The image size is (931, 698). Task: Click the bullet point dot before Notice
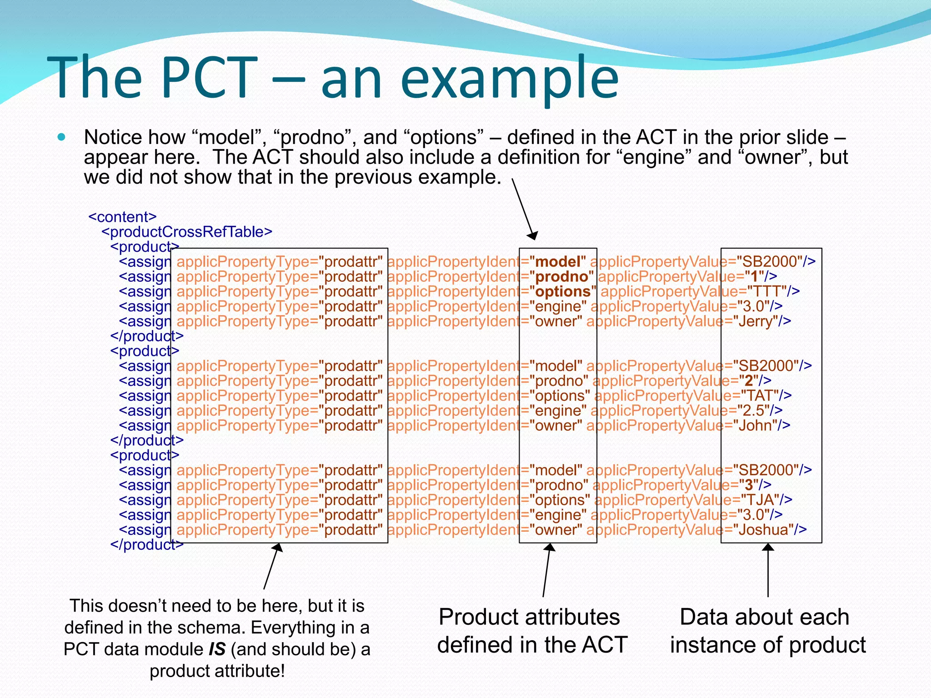tap(62, 137)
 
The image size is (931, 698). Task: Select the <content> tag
tap(122, 217)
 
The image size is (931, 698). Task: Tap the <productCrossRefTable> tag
tap(186, 232)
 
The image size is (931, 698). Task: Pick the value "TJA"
tap(760, 500)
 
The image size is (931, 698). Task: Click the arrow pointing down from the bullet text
tap(525, 209)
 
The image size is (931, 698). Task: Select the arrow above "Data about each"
tap(768, 570)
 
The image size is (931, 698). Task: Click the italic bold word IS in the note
tap(217, 649)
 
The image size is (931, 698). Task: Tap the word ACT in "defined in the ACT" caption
tap(605, 645)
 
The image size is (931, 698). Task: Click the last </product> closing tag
tap(146, 544)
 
